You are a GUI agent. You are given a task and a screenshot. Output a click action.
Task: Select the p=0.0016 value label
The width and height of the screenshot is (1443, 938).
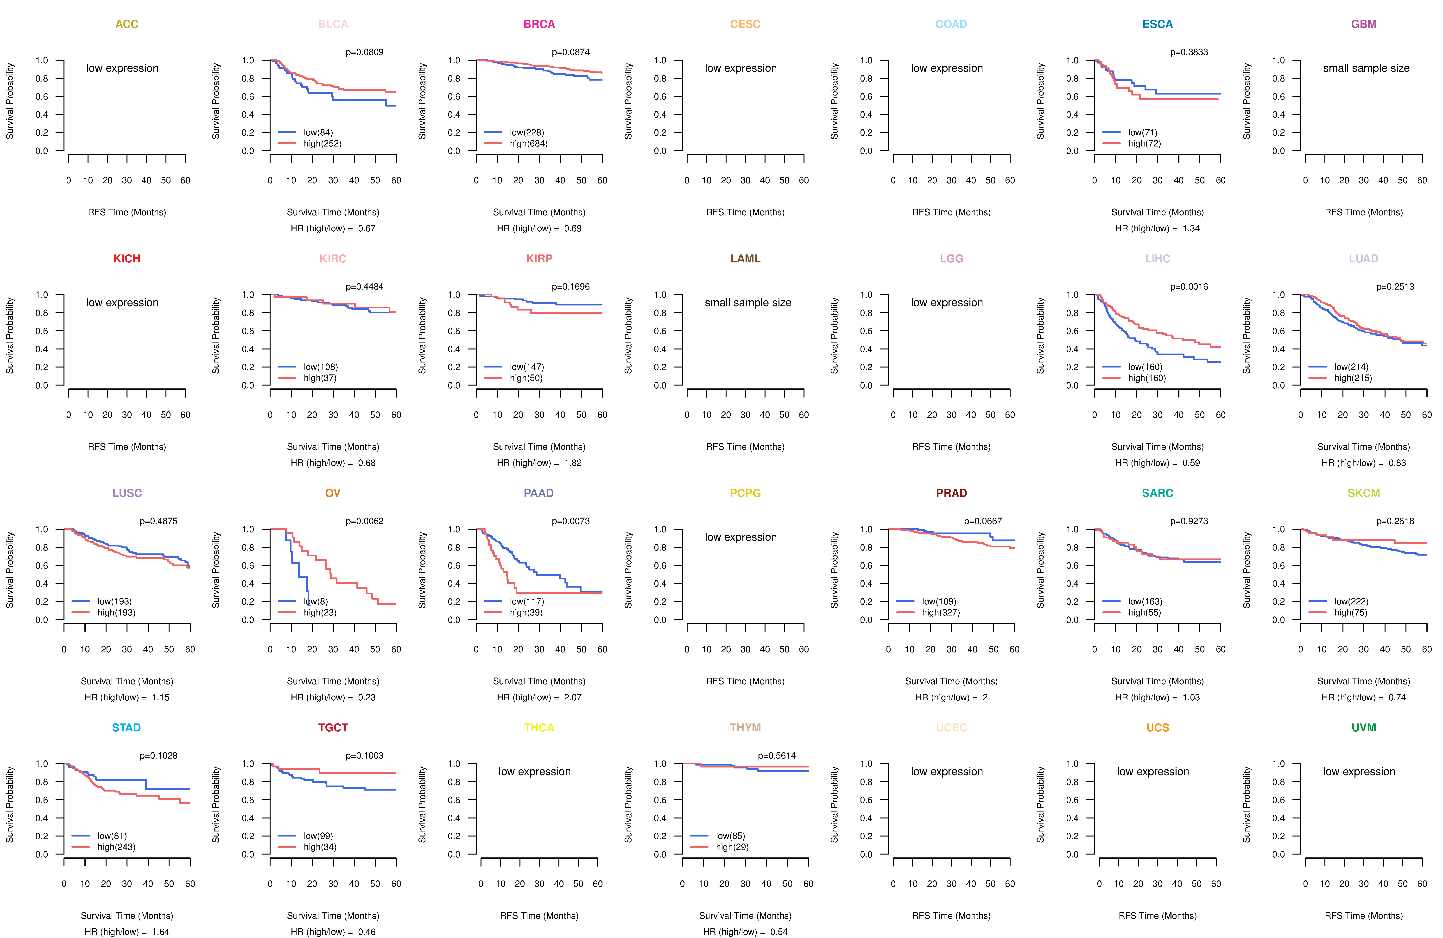point(1189,287)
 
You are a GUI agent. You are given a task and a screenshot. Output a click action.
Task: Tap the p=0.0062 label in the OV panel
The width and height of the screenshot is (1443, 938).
point(364,521)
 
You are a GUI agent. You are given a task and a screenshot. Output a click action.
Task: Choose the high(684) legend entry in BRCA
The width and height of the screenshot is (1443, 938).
point(528,144)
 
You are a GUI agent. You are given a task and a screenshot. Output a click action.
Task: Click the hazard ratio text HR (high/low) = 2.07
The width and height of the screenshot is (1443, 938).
point(539,697)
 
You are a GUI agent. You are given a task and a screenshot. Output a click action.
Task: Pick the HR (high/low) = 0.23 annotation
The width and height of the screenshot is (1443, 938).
point(333,697)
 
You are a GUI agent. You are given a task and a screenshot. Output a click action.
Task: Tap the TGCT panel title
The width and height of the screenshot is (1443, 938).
point(333,728)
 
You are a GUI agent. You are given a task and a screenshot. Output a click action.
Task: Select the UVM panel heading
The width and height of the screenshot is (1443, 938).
point(1364,728)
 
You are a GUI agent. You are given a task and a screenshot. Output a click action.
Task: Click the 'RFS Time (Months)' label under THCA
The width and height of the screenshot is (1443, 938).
point(539,916)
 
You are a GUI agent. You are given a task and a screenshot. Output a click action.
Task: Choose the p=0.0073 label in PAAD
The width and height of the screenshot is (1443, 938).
point(570,521)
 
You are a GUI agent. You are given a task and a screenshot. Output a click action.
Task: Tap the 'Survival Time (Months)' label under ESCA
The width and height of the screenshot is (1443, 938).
point(1158,212)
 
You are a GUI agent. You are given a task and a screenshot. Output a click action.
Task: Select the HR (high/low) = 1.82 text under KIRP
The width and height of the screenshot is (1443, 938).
point(539,463)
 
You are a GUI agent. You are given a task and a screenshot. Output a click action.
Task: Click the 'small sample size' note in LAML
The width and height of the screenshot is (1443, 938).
point(747,303)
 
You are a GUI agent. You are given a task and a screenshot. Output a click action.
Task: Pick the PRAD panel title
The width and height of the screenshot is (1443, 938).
point(951,493)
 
